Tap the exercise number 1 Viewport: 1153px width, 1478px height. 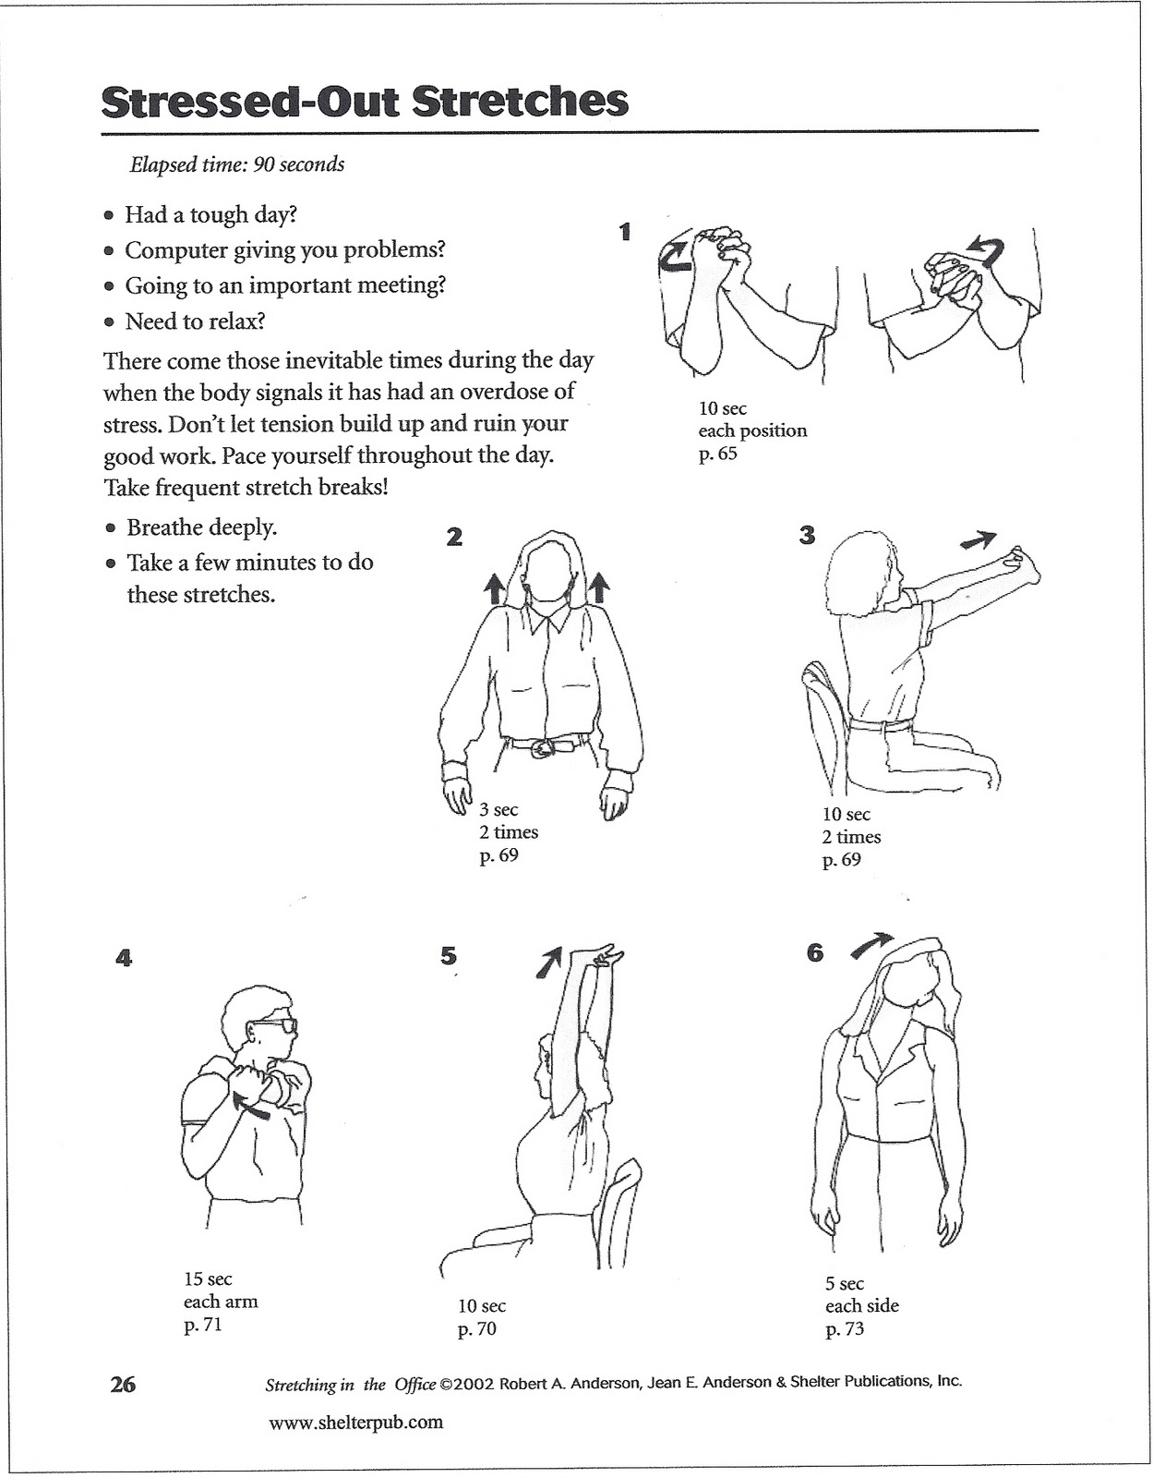pyautogui.click(x=625, y=231)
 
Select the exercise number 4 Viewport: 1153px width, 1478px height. pyautogui.click(x=124, y=958)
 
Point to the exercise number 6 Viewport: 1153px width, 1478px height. pyautogui.click(x=814, y=952)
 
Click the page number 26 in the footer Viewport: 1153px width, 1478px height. pyautogui.click(x=123, y=1384)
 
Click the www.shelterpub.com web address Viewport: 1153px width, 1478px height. pyautogui.click(x=355, y=1422)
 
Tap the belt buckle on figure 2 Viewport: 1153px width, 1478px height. pyautogui.click(x=545, y=746)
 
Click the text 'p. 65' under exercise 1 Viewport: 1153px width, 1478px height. pyautogui.click(x=717, y=454)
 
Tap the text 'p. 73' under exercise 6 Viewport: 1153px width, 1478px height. pyautogui.click(x=844, y=1329)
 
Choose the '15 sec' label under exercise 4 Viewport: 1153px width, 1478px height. pyautogui.click(x=208, y=1279)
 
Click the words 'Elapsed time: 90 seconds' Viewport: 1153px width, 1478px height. pyautogui.click(x=237, y=164)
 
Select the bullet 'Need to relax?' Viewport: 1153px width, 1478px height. pyautogui.click(x=195, y=321)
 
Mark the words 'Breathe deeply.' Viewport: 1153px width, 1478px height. pyautogui.click(x=201, y=527)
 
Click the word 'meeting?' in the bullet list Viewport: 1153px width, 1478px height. pyautogui.click(x=403, y=285)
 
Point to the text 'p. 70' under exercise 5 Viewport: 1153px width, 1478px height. pyautogui.click(x=476, y=1329)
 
